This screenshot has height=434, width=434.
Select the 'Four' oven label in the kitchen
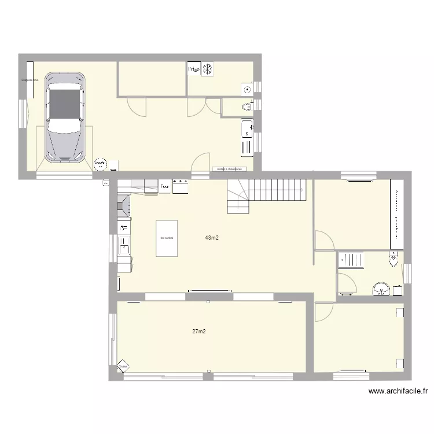(165, 186)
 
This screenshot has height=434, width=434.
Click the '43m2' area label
(212, 237)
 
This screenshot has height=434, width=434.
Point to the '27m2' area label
(199, 332)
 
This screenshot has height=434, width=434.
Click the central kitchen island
(167, 237)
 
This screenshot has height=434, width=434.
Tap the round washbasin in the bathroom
(381, 288)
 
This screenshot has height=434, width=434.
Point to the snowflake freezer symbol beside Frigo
(207, 69)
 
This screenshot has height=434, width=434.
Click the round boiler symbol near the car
(101, 164)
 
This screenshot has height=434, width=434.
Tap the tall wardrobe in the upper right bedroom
(396, 214)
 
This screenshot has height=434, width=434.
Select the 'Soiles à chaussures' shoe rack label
(229, 170)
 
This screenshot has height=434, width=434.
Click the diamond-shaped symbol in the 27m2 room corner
(123, 366)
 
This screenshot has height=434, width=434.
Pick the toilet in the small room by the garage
(247, 106)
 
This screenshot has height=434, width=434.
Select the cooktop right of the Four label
(181, 186)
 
